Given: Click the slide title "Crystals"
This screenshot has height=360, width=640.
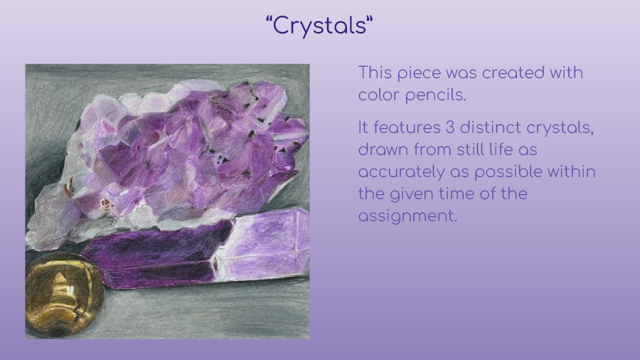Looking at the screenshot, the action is click(319, 26).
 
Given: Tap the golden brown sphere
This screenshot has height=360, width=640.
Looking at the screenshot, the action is click(65, 295).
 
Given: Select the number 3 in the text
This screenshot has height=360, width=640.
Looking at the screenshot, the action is click(450, 127).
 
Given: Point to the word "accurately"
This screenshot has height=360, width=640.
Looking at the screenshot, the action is click(401, 172).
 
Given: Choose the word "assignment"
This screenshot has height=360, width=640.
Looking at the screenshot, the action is click(407, 216).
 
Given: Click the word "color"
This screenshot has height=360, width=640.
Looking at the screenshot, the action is click(379, 95).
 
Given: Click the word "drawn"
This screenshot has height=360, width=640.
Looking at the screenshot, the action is click(383, 149).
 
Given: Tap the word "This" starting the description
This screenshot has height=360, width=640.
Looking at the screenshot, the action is click(375, 73).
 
